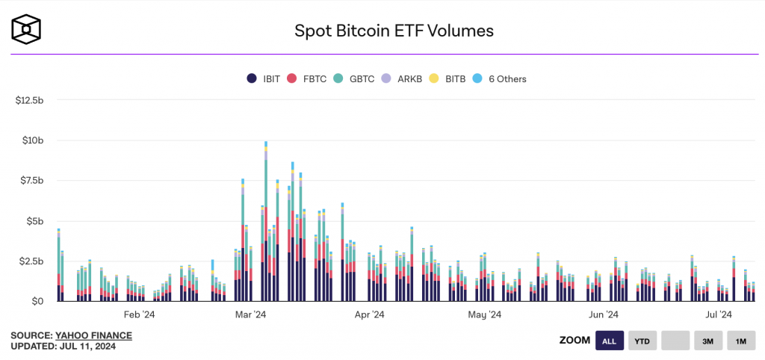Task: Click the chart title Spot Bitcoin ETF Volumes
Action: (394, 31)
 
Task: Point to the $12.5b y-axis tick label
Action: (30, 100)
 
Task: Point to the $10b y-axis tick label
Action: (34, 140)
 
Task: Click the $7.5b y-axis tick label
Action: (32, 181)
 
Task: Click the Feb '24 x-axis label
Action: (140, 315)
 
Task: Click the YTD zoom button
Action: (642, 341)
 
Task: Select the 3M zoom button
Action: (707, 341)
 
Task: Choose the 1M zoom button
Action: (740, 341)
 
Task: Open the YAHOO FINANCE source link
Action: (93, 335)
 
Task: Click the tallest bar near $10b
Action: (266, 224)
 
